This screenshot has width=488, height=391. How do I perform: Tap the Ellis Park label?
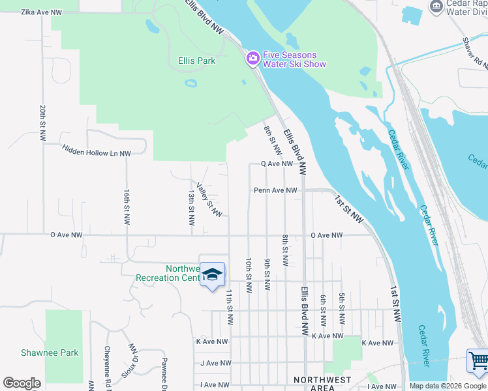tap(196, 61)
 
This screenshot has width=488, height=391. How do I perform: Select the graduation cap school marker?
tap(212, 274)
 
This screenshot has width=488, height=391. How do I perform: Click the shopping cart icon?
tap(478, 361)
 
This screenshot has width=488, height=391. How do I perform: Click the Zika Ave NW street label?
tap(42, 12)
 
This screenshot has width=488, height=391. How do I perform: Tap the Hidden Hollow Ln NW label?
tap(97, 150)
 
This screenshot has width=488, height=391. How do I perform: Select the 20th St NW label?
tap(42, 123)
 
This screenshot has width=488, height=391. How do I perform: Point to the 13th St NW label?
tap(191, 208)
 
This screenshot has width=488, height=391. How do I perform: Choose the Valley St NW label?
tap(209, 199)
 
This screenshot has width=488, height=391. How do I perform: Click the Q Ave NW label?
tap(277, 164)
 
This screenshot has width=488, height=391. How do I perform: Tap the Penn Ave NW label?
tap(275, 190)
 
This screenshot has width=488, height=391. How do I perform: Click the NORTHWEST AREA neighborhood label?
tap(322, 383)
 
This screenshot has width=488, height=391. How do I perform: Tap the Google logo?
tap(22, 383)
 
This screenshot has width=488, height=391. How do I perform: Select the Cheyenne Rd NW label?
tap(107, 363)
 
